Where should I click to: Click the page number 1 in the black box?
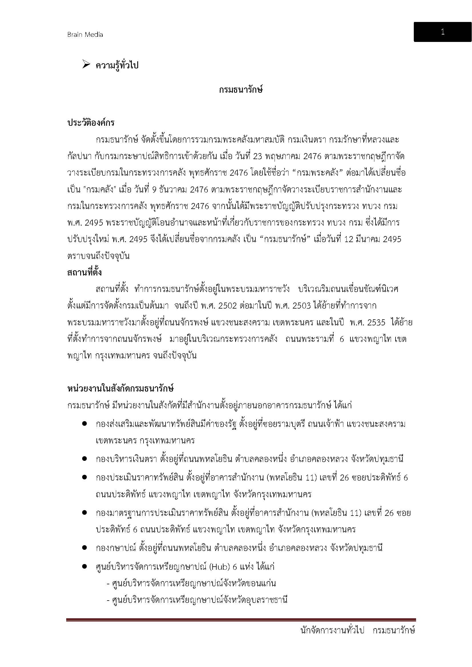442,32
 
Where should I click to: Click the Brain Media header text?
85,35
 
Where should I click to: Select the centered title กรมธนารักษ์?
241,90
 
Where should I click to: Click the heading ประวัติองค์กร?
91,123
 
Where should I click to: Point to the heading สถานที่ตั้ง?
84,273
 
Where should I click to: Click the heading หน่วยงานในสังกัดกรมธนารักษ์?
120,389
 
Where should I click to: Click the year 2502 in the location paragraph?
227,306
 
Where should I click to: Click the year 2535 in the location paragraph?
376,323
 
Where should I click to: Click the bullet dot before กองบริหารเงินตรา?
84,459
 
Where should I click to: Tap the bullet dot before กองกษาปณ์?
84,548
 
